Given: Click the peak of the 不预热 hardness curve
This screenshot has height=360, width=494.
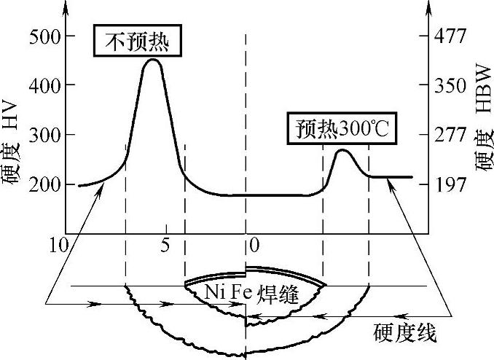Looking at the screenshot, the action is tap(152, 59).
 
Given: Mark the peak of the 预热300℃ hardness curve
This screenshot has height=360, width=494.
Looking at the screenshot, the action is tap(342, 150).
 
